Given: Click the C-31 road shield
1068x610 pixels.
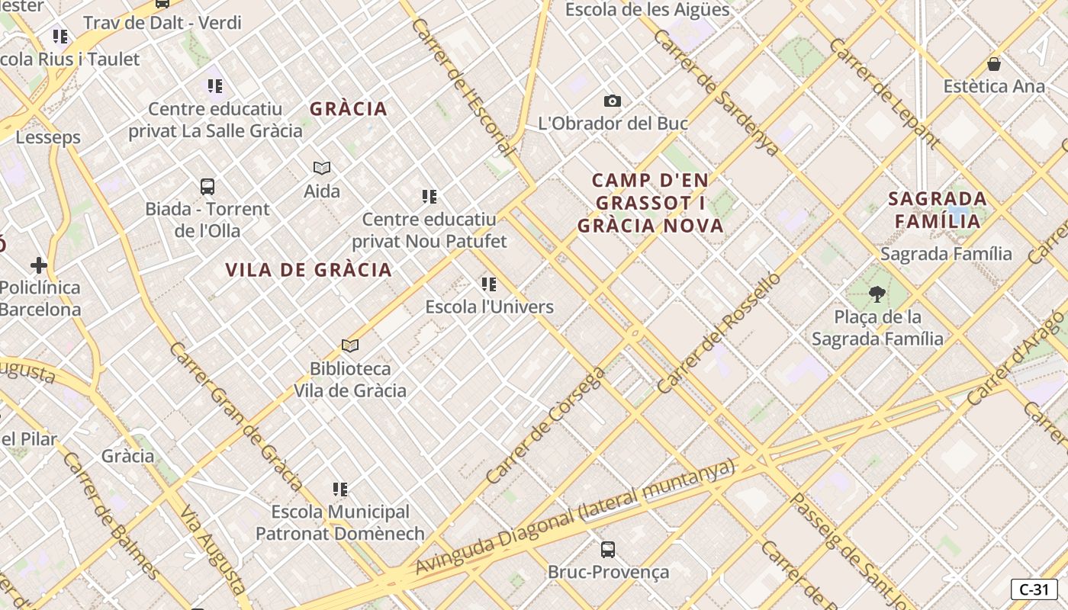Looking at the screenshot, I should (1034, 589).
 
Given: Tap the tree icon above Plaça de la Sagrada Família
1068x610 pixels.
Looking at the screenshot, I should (877, 294).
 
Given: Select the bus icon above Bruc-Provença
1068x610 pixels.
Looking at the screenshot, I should (608, 549).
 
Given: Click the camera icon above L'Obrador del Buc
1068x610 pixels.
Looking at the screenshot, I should (612, 101).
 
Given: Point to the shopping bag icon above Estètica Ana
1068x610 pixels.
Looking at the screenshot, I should (993, 63).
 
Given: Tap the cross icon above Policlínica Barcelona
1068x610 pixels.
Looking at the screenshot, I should (39, 265).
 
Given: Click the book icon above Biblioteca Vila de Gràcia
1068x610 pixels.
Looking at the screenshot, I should (350, 345).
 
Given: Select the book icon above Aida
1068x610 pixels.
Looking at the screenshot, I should (322, 168).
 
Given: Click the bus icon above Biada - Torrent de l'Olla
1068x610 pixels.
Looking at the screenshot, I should (207, 186).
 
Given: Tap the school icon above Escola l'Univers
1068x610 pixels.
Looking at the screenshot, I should (489, 284).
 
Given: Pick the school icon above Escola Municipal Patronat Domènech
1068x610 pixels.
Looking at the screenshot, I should (340, 489).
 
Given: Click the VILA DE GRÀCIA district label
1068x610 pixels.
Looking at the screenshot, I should (309, 270).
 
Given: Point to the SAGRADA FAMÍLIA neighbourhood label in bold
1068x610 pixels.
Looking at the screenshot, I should (938, 210).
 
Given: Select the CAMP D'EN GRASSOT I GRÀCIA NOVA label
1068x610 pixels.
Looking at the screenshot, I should (651, 203).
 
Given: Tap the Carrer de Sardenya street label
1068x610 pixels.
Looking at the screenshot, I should (716, 93).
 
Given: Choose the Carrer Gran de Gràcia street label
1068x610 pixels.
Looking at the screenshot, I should (236, 416).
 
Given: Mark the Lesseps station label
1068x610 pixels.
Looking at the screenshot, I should (48, 138).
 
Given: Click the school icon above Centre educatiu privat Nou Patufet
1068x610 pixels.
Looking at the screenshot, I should (429, 197).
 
